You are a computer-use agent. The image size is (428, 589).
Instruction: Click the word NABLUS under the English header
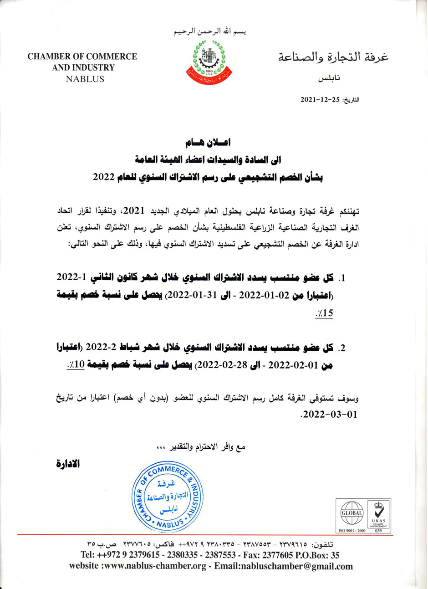[85, 79]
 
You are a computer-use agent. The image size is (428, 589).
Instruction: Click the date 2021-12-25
[316, 99]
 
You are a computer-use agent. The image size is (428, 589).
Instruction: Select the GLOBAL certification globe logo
[352, 513]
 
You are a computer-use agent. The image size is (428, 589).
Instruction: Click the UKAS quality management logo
[378, 513]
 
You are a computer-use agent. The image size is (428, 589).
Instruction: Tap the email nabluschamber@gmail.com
[305, 566]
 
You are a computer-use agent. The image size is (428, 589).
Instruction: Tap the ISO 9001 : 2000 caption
[351, 531]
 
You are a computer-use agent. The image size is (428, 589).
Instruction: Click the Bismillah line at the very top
[210, 33]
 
